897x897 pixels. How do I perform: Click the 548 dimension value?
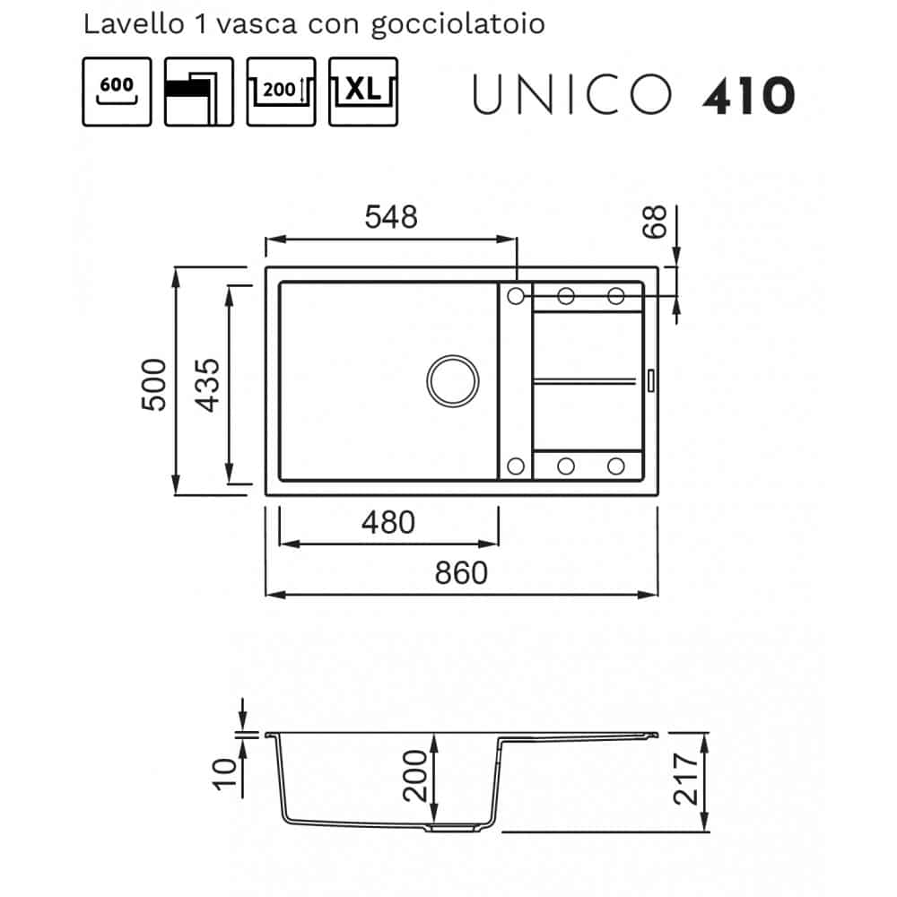pos(391,217)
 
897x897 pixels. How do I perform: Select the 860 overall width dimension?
pos(461,572)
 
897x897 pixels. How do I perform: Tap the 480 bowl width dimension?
pos(388,523)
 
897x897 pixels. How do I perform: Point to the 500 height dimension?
pos(154,385)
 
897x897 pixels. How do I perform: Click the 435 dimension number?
pos(207,385)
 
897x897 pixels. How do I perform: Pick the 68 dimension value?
pos(655,221)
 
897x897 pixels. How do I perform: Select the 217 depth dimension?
pos(686,779)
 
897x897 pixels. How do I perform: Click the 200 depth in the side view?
pos(414,776)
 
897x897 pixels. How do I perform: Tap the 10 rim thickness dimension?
pos(225,774)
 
